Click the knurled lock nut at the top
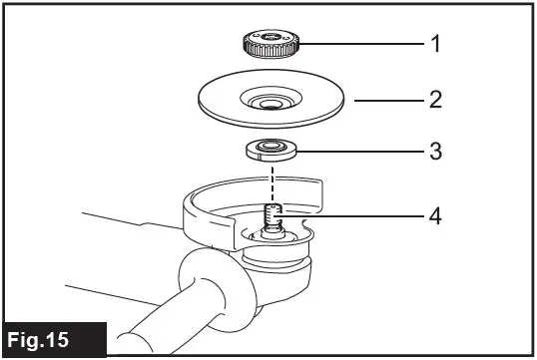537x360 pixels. click(271, 45)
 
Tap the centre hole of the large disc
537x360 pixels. click(270, 102)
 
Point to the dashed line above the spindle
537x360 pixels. click(271, 181)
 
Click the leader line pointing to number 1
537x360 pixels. click(359, 45)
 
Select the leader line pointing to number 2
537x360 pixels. click(384, 101)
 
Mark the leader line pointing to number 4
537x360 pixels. click(349, 213)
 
